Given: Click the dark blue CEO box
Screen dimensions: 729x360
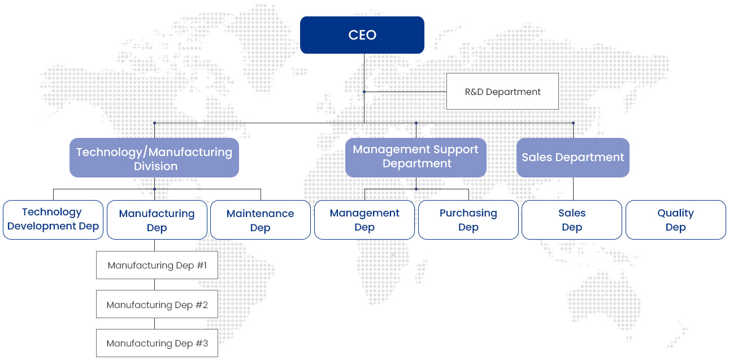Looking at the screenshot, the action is (362, 35).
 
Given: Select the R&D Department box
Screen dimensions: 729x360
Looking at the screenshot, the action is (502, 91).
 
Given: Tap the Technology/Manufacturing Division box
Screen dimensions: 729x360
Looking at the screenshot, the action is (154, 158).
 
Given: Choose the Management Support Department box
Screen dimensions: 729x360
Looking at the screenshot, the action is (416, 158).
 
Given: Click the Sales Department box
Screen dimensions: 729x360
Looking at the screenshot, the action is (573, 158).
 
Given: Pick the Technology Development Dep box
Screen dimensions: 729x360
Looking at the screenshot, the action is (53, 220).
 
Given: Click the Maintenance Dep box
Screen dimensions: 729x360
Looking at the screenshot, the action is (261, 220).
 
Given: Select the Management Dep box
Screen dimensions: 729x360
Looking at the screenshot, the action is (364, 220).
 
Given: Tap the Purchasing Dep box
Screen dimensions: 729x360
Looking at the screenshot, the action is (468, 220).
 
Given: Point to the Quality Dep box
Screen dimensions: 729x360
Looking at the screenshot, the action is (676, 220).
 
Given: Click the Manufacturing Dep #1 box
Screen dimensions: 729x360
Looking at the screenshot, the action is (157, 265).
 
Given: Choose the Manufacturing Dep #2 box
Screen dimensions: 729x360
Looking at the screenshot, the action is (157, 304).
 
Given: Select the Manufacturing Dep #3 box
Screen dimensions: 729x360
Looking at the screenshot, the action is (157, 343).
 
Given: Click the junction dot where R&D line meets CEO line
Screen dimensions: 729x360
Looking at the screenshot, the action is (364, 92).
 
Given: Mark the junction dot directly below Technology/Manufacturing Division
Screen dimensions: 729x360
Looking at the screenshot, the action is (155, 189).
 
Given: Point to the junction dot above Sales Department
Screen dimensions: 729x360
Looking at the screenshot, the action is (573, 123).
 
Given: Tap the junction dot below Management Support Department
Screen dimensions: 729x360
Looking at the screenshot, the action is (416, 189).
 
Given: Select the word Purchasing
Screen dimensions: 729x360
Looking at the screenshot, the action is (468, 213).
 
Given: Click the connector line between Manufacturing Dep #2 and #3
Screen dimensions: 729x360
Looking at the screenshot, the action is (155, 323).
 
